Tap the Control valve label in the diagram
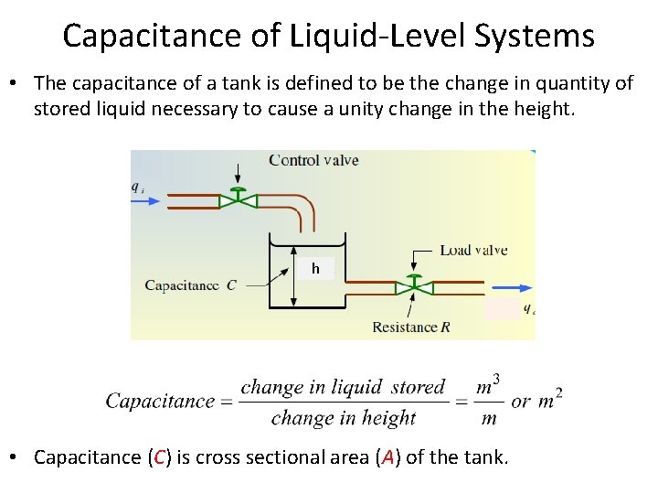pos(313,160)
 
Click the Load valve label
pos(472,250)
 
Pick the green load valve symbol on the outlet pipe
pos(414,286)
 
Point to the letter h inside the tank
pos(315,269)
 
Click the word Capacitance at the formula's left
pos(160,401)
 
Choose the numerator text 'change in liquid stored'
pos(343,387)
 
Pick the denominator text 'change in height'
pos(343,418)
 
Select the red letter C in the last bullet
pos(159,457)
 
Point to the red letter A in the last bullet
pos(387,457)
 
